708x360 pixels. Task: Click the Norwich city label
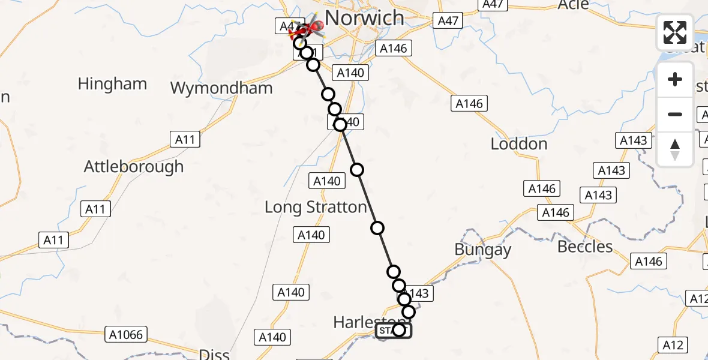coord(364,18)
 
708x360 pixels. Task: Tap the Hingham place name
coord(112,83)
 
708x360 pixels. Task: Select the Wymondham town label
coord(221,88)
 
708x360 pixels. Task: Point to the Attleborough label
coord(134,166)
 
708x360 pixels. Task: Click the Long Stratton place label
coord(316,208)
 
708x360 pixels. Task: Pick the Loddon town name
coord(519,144)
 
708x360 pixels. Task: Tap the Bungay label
coord(483,250)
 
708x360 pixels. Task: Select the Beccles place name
coord(585,247)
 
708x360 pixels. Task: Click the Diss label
coord(214,354)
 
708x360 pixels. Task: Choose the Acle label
coord(574,5)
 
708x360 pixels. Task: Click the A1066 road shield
coord(127,335)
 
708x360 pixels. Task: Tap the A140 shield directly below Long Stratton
coord(311,235)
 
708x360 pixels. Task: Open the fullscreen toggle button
coord(675,32)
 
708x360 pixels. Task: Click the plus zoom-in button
coord(675,80)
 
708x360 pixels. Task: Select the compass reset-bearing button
coord(675,149)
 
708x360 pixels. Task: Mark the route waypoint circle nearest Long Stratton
coord(377,227)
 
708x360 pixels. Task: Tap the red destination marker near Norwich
coord(313,27)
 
